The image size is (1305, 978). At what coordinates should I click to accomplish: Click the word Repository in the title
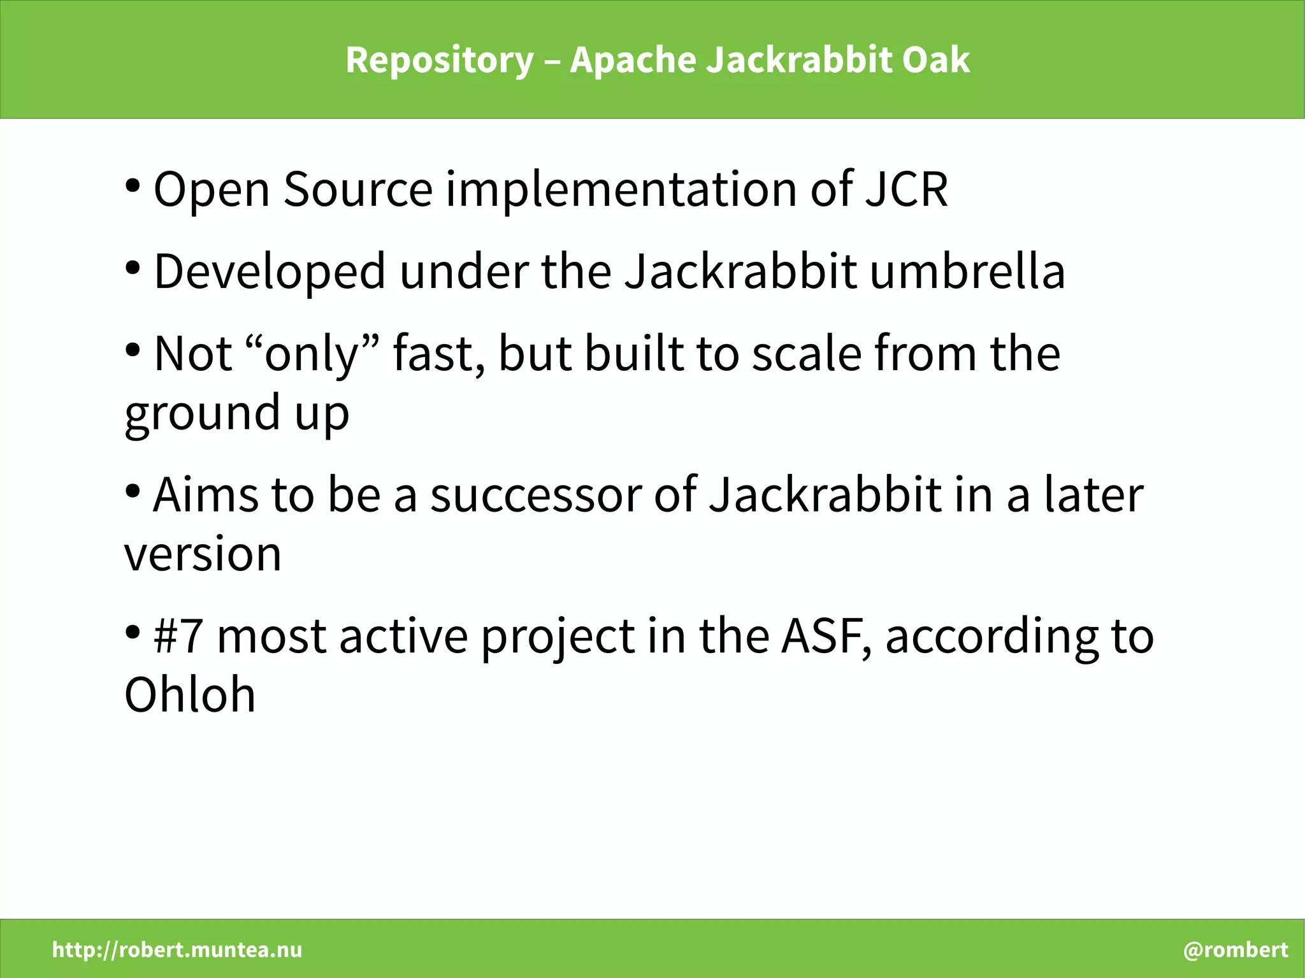pyautogui.click(x=439, y=61)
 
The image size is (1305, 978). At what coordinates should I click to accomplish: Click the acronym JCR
pyautogui.click(x=905, y=189)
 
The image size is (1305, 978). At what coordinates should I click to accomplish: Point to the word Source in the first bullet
pyautogui.click(x=357, y=189)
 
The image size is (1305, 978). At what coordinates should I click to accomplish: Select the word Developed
pyautogui.click(x=270, y=271)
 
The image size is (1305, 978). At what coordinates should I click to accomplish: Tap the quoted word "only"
pyautogui.click(x=312, y=354)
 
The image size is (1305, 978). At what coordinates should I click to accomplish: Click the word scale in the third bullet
pyautogui.click(x=806, y=354)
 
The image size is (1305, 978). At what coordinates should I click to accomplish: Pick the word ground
pyautogui.click(x=202, y=413)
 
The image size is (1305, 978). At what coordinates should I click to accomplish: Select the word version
pyautogui.click(x=202, y=554)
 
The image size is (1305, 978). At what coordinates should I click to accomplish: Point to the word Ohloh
pyautogui.click(x=190, y=694)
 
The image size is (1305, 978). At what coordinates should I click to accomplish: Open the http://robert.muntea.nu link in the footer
pyautogui.click(x=177, y=950)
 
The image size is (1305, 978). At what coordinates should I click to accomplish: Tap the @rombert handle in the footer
pyautogui.click(x=1236, y=950)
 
